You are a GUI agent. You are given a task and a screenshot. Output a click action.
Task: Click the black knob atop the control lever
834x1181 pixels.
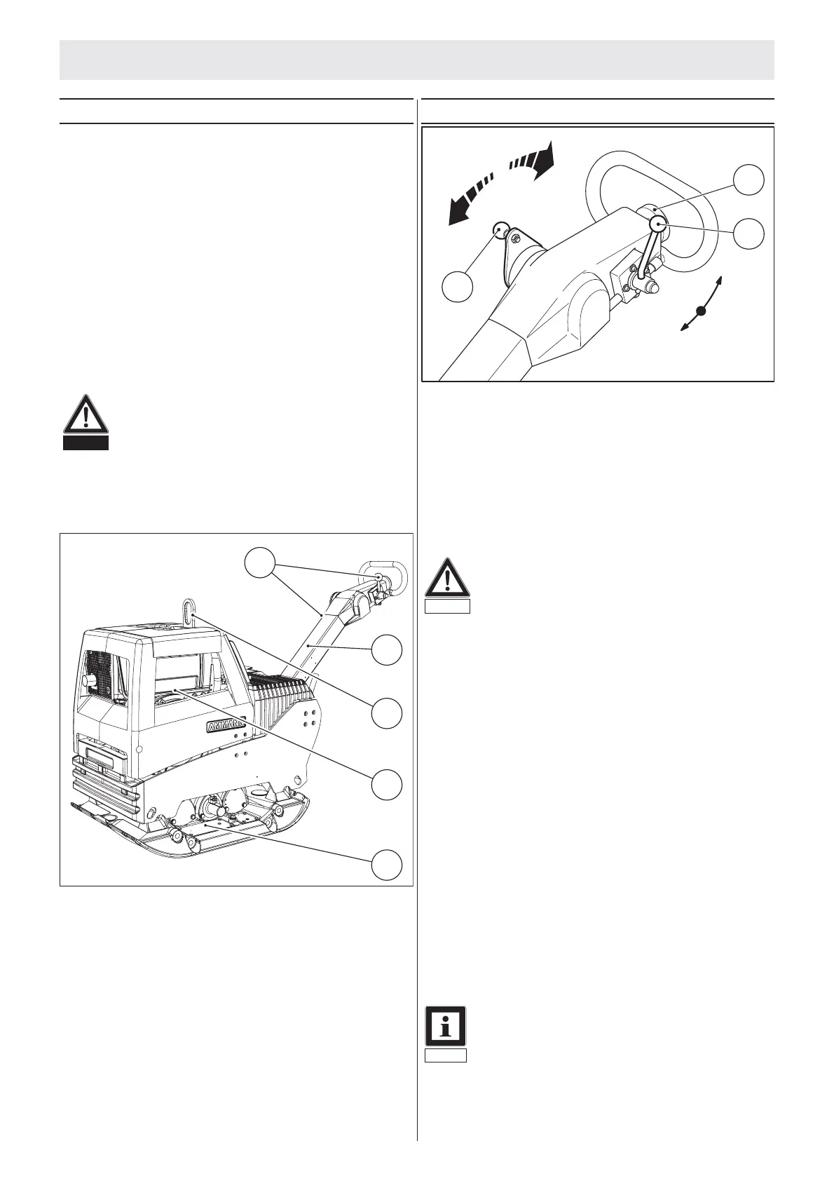(659, 224)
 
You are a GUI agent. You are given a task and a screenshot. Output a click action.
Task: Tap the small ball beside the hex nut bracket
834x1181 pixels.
(500, 229)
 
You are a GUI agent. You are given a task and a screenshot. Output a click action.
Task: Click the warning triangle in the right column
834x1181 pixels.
(446, 579)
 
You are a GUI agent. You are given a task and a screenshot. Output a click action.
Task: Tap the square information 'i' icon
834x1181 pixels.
(446, 1026)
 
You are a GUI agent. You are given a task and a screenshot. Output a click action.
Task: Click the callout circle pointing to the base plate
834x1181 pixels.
(387, 864)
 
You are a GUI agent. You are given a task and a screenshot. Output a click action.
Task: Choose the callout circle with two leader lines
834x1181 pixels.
(259, 563)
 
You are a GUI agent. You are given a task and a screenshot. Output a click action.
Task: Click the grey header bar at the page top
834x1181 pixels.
(416, 60)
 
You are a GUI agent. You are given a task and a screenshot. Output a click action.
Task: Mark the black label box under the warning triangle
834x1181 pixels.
(85, 443)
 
